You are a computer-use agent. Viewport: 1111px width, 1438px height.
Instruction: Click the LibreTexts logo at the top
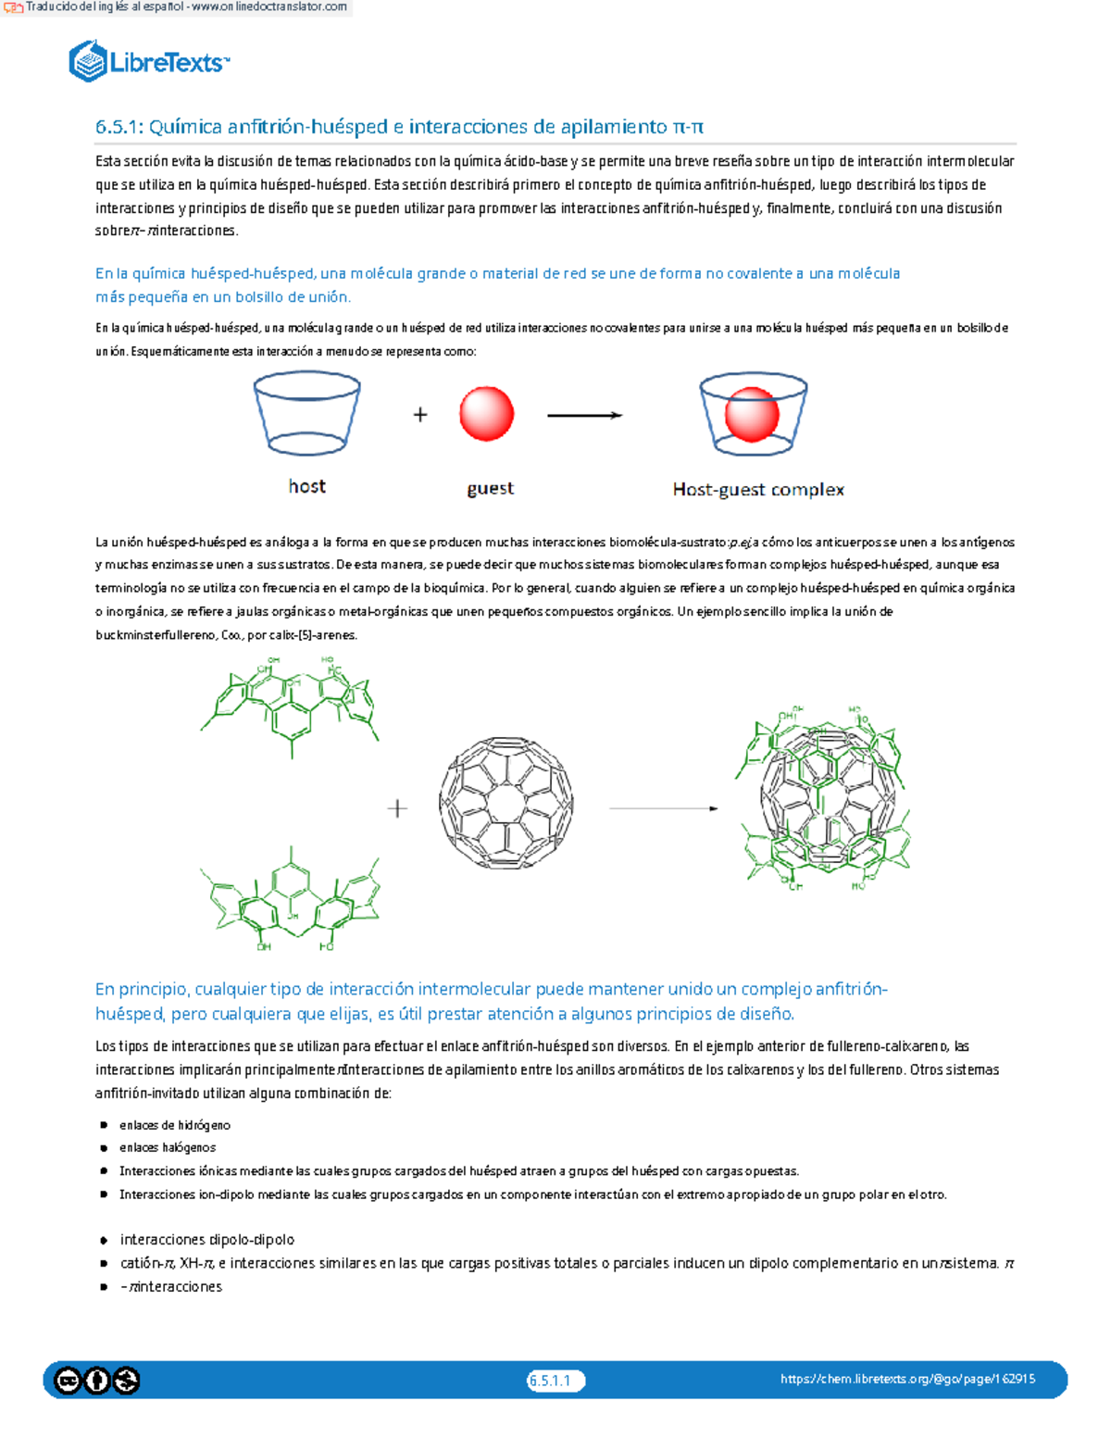click(x=148, y=61)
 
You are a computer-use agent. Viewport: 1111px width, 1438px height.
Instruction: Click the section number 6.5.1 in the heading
click(x=119, y=127)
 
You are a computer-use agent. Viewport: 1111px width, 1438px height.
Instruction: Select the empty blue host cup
click(x=307, y=413)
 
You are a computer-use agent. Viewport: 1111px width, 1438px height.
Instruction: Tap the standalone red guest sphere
click(x=486, y=413)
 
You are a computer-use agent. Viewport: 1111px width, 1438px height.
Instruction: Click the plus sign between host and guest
click(x=420, y=415)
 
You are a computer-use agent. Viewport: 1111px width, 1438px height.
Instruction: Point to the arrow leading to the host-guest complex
click(x=584, y=416)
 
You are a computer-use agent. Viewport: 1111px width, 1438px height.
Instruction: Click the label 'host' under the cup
click(x=307, y=487)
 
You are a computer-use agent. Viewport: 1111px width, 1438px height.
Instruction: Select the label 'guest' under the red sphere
click(x=490, y=489)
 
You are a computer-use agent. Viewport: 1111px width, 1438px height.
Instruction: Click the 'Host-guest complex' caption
click(x=758, y=490)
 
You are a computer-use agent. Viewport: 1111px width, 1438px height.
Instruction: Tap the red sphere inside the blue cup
click(x=751, y=414)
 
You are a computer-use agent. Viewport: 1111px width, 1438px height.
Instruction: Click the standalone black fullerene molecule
click(x=506, y=802)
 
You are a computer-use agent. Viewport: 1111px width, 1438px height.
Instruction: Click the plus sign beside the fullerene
click(x=397, y=808)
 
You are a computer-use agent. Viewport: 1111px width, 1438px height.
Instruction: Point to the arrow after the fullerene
click(x=663, y=808)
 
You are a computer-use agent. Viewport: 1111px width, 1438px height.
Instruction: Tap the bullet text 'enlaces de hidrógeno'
click(x=175, y=1125)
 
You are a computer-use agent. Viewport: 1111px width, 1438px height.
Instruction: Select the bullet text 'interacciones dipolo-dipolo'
click(x=207, y=1240)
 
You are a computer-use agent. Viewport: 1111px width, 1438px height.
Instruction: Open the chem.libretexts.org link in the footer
click(x=907, y=1379)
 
